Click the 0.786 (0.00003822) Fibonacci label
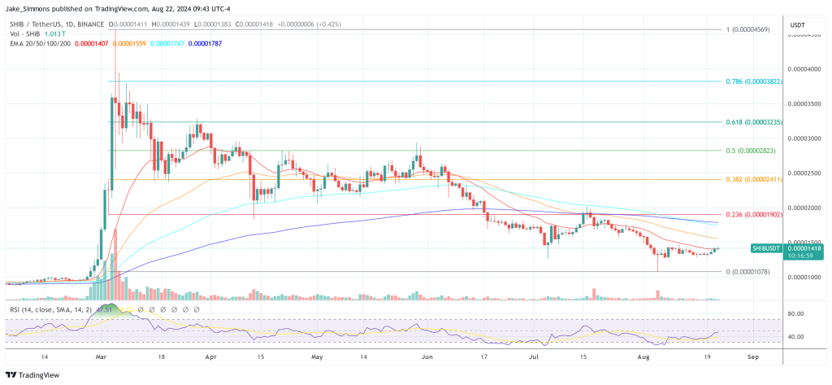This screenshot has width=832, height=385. tap(754, 82)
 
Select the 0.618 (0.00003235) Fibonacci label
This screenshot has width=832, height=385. tap(754, 121)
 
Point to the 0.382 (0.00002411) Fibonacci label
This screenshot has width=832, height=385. tap(754, 179)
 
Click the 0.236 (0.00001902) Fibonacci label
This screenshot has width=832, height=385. tap(754, 214)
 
